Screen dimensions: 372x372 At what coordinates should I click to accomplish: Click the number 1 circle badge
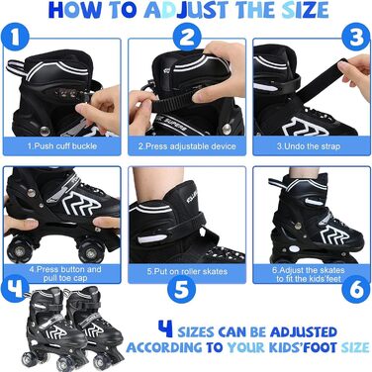tap(15, 38)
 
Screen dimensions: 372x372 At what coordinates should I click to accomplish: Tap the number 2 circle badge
tap(187, 38)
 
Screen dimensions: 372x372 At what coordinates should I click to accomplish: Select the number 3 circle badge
tap(356, 37)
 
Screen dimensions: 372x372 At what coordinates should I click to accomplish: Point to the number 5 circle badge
tap(181, 290)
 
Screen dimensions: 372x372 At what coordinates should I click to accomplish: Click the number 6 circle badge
tap(356, 289)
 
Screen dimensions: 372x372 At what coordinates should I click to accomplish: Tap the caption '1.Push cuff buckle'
tap(62, 146)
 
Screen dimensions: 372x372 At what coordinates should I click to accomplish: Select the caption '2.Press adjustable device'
tap(187, 146)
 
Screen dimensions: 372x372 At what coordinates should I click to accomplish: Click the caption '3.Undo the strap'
tap(308, 146)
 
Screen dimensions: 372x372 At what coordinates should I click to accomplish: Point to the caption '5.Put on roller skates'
tap(187, 272)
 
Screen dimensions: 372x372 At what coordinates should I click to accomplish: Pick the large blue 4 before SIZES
tap(165, 329)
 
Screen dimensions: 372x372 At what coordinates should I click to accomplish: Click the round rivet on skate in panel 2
tap(227, 129)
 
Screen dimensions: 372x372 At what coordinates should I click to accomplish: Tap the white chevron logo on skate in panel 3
tap(306, 128)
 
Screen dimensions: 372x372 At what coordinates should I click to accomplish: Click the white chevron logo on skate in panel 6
tap(333, 234)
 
